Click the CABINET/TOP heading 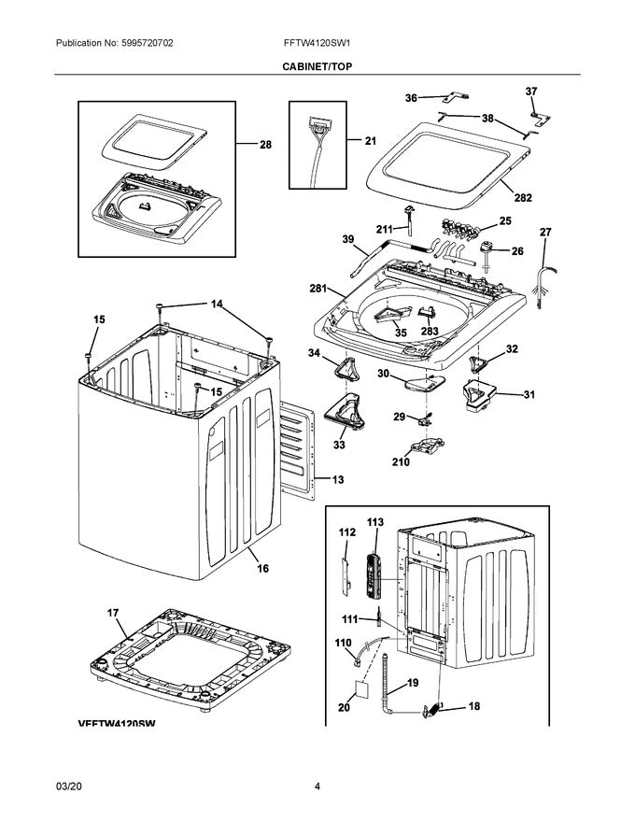(x=317, y=67)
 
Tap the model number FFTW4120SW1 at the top (x=317, y=44)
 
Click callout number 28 (x=265, y=145)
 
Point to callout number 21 (x=370, y=141)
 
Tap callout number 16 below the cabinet (x=262, y=568)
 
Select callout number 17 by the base (x=113, y=614)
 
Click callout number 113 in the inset (x=375, y=523)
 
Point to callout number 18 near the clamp (x=474, y=707)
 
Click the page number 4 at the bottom (x=317, y=787)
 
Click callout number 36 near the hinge (x=411, y=98)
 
